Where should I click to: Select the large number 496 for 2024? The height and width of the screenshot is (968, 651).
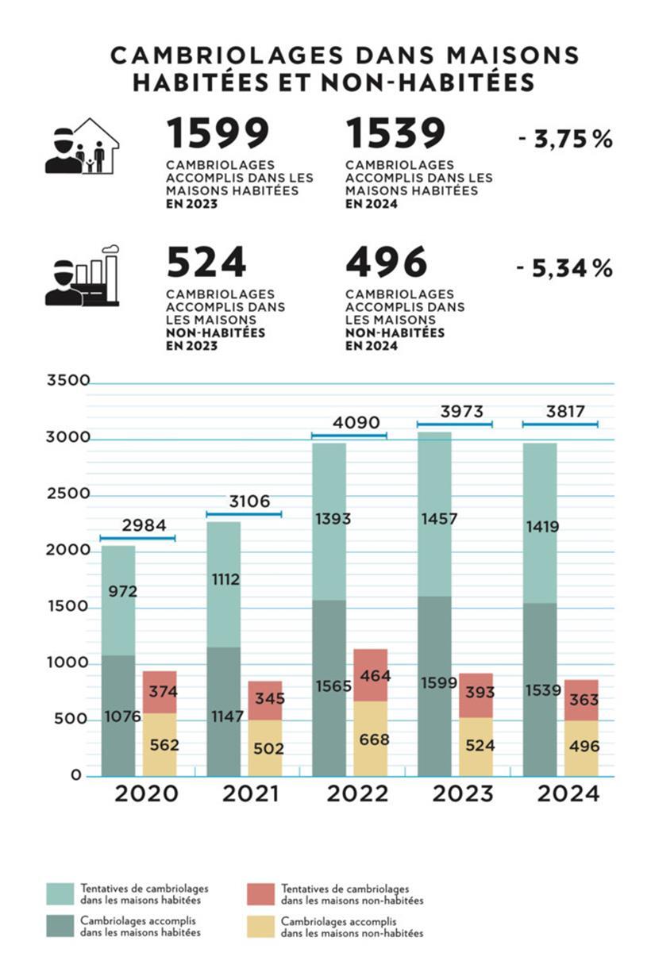[x=386, y=263]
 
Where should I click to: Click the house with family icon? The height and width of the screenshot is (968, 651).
[x=82, y=146]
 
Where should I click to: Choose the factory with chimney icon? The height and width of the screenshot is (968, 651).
[x=82, y=275]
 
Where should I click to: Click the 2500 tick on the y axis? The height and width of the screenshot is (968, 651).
[x=69, y=494]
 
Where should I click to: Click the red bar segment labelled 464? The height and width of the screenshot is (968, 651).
[x=371, y=674]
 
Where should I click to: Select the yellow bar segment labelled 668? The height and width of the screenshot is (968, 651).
[x=371, y=739]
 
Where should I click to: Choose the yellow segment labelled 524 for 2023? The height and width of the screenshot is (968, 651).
[x=476, y=746]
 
